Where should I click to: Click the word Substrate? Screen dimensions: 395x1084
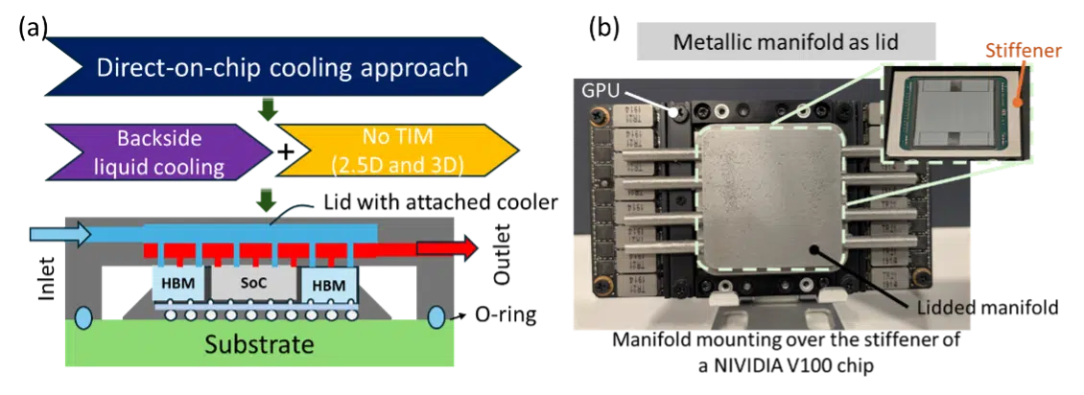click(x=259, y=343)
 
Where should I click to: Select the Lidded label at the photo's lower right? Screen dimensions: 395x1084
click(x=946, y=308)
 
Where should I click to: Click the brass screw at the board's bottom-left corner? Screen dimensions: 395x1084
click(x=601, y=285)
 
